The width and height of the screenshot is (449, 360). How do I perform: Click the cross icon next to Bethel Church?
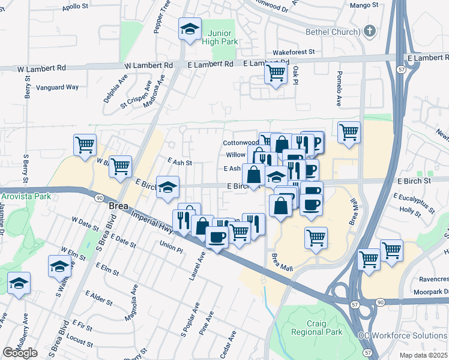click(x=370, y=31)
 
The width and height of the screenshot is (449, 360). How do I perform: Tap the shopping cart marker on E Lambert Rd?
click(x=276, y=74)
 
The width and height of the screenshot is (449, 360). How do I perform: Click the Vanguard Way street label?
click(x=58, y=87)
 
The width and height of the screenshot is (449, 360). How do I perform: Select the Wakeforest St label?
click(x=294, y=52)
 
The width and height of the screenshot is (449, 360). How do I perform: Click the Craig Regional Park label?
click(x=316, y=327)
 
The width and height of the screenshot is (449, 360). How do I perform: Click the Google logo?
click(x=20, y=353)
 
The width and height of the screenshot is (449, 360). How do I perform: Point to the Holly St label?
click(x=411, y=211)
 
